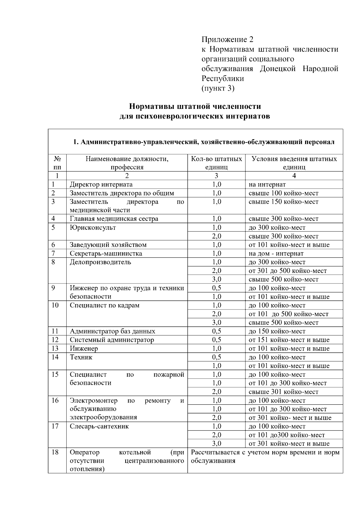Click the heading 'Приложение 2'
point(227,40)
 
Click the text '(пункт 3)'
point(218,88)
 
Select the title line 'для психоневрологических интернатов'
point(195,116)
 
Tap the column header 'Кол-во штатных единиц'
point(216,163)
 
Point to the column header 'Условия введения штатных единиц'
point(294,163)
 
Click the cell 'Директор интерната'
point(101,184)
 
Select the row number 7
point(53,253)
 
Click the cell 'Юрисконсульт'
point(93,228)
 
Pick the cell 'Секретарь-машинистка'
point(106,253)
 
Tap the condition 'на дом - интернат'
point(276,253)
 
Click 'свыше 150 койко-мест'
point(283,202)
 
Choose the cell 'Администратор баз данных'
point(112,331)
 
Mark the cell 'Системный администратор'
point(112,340)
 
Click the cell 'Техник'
point(81,357)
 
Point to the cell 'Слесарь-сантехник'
point(99,427)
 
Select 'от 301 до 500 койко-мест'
point(288,271)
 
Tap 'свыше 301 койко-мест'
point(283,392)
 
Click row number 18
point(55,452)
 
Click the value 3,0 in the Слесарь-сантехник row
point(216,444)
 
